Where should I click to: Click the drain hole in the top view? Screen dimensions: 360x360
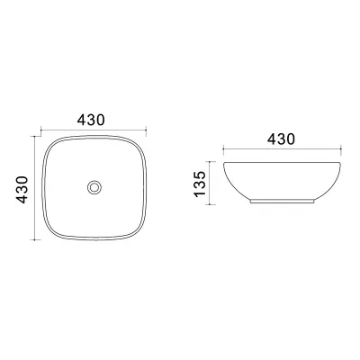point(94,187)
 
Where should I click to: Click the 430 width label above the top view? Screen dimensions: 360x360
point(91,120)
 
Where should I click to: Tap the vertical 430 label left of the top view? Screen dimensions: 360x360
point(22,190)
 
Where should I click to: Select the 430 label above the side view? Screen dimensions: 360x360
point(282,139)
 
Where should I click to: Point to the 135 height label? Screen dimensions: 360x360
point(200,184)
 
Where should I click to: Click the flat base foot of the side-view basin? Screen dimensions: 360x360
point(283,202)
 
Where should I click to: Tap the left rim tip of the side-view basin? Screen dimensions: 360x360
point(224,164)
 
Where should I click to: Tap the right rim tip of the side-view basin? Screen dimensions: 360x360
point(341,164)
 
